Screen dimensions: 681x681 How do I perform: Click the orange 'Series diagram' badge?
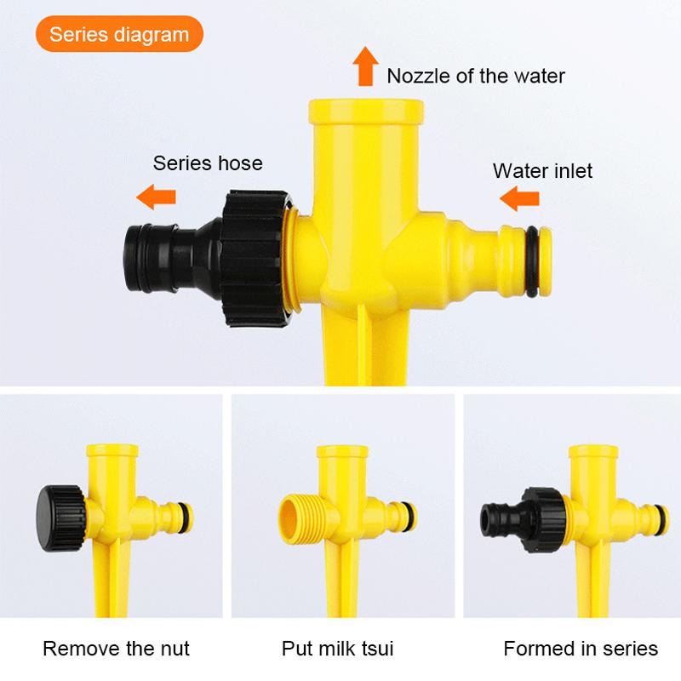coord(119,35)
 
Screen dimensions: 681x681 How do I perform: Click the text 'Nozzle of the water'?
coord(476,76)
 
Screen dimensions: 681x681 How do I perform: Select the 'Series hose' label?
coord(208,163)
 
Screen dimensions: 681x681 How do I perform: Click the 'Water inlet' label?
coord(542,170)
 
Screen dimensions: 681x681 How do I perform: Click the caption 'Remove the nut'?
coord(116,649)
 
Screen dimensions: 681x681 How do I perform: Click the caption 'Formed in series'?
coord(581,649)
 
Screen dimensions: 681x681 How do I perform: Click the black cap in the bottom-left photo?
coord(59,513)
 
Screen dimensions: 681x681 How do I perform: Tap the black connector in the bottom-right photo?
coord(512,514)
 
